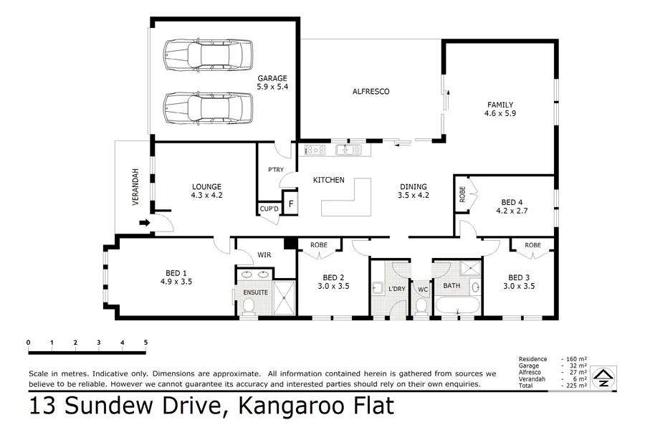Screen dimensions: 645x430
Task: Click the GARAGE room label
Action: tap(272, 78)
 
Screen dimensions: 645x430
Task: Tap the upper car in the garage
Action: tap(208, 54)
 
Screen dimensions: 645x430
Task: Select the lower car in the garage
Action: tap(208, 107)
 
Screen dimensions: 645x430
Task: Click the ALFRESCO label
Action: tap(371, 91)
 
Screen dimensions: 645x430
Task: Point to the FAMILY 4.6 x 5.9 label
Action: tap(500, 109)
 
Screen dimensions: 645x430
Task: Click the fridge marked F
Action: tap(291, 204)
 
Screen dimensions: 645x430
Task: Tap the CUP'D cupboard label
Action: tap(269, 209)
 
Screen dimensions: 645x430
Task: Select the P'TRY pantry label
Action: tap(276, 170)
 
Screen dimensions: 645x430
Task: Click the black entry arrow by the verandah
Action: tap(145, 223)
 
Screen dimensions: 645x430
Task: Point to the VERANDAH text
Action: tap(135, 187)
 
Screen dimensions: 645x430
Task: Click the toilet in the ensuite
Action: tap(249, 305)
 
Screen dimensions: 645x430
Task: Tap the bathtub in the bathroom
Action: tap(457, 305)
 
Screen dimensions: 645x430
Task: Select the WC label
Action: tap(423, 290)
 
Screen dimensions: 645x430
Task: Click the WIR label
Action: tap(264, 255)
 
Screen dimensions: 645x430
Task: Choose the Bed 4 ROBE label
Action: tap(462, 194)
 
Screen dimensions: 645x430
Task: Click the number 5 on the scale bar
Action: tap(145, 343)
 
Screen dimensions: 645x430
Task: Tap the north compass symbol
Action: tap(603, 378)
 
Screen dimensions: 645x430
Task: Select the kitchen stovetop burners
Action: tap(315, 150)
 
